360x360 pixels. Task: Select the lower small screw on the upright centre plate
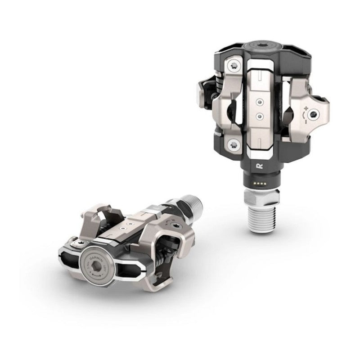tap(259, 115)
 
